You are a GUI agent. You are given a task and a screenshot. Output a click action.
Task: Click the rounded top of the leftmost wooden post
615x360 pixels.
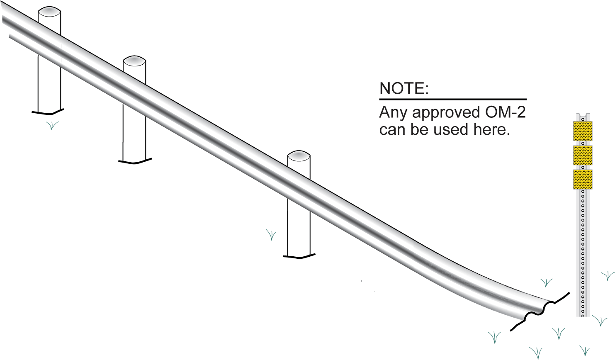[49, 12]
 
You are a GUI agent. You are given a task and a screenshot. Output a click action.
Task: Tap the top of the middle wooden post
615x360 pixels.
[134, 61]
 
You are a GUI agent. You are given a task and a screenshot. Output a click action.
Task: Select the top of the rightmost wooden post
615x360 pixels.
[299, 156]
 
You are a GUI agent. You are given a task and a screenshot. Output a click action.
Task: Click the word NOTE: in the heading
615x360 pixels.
[404, 88]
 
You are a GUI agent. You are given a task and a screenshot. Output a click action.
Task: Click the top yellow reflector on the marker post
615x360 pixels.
[583, 131]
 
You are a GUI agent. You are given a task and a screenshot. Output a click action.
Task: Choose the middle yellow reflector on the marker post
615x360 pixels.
[583, 155]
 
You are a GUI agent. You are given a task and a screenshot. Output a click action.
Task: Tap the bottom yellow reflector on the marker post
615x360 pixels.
[583, 179]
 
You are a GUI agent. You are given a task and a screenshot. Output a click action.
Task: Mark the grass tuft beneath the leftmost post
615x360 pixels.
[52, 125]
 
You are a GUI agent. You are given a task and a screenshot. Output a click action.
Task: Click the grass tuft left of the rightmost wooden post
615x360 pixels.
[271, 235]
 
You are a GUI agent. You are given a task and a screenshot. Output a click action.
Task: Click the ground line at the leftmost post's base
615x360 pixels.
[48, 112]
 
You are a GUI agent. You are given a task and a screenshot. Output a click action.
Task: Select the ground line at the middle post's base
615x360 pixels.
[135, 161]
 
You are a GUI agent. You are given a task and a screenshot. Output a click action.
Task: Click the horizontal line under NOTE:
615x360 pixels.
[452, 100]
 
